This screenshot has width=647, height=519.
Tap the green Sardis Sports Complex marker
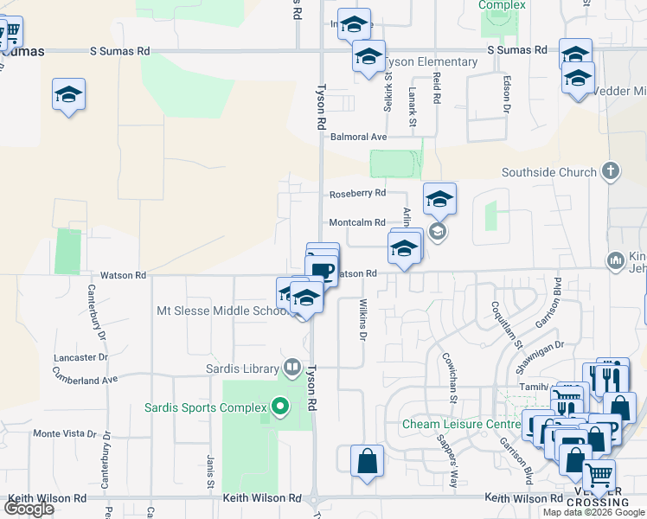pos(279,406)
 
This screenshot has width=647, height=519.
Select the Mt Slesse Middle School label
pos(221,311)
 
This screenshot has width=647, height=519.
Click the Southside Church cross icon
pos(611,171)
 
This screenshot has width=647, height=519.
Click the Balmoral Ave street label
pos(358,137)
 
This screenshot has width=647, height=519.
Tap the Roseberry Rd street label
pos(356,193)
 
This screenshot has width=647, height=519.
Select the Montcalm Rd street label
pos(356,222)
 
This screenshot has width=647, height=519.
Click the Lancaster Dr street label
pos(80,356)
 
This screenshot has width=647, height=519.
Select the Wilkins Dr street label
pos(363,320)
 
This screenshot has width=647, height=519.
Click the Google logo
pos(29,509)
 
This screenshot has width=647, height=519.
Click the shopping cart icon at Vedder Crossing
pos(599,475)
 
